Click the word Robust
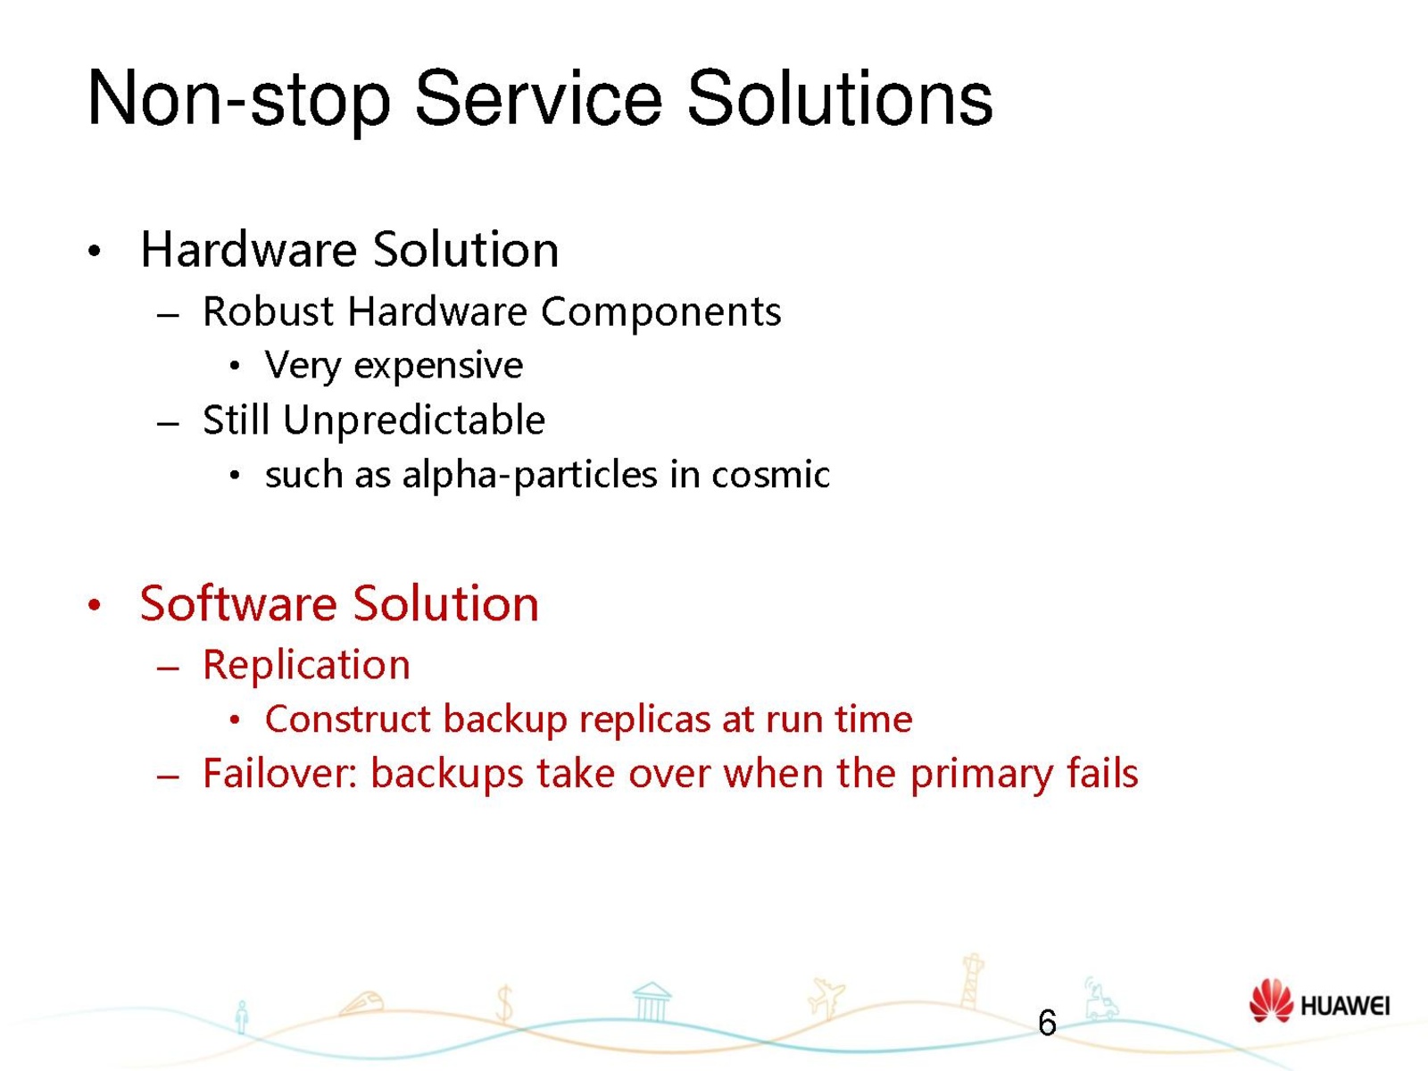click(x=268, y=311)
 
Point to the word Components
click(x=661, y=312)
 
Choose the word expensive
click(x=438, y=365)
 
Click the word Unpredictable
click(x=414, y=420)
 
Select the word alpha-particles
click(x=529, y=475)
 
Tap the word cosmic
click(x=770, y=474)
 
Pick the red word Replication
click(x=306, y=665)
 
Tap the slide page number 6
click(x=1047, y=1023)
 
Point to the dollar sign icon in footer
click(x=504, y=1002)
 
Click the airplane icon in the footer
click(x=826, y=997)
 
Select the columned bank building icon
click(x=652, y=1001)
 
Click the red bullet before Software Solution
click(x=95, y=605)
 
